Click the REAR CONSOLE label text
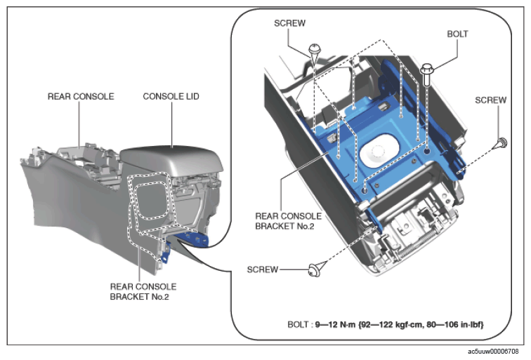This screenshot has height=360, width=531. [x=81, y=96]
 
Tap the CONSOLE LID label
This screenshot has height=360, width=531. [x=171, y=96]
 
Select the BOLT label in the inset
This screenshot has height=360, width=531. [x=457, y=34]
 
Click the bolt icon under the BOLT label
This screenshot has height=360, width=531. [x=427, y=74]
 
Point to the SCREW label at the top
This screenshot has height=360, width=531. [x=289, y=23]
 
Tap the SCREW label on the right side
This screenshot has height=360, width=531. [x=491, y=100]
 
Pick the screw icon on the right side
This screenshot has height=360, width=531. [x=502, y=143]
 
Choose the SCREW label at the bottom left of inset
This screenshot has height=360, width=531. [x=263, y=269]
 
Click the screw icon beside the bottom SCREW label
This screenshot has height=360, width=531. [x=315, y=270]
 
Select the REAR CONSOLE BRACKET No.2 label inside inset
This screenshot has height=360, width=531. [x=288, y=221]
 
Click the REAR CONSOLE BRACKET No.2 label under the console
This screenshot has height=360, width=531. [x=143, y=292]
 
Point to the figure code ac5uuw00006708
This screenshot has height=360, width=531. [x=493, y=352]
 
